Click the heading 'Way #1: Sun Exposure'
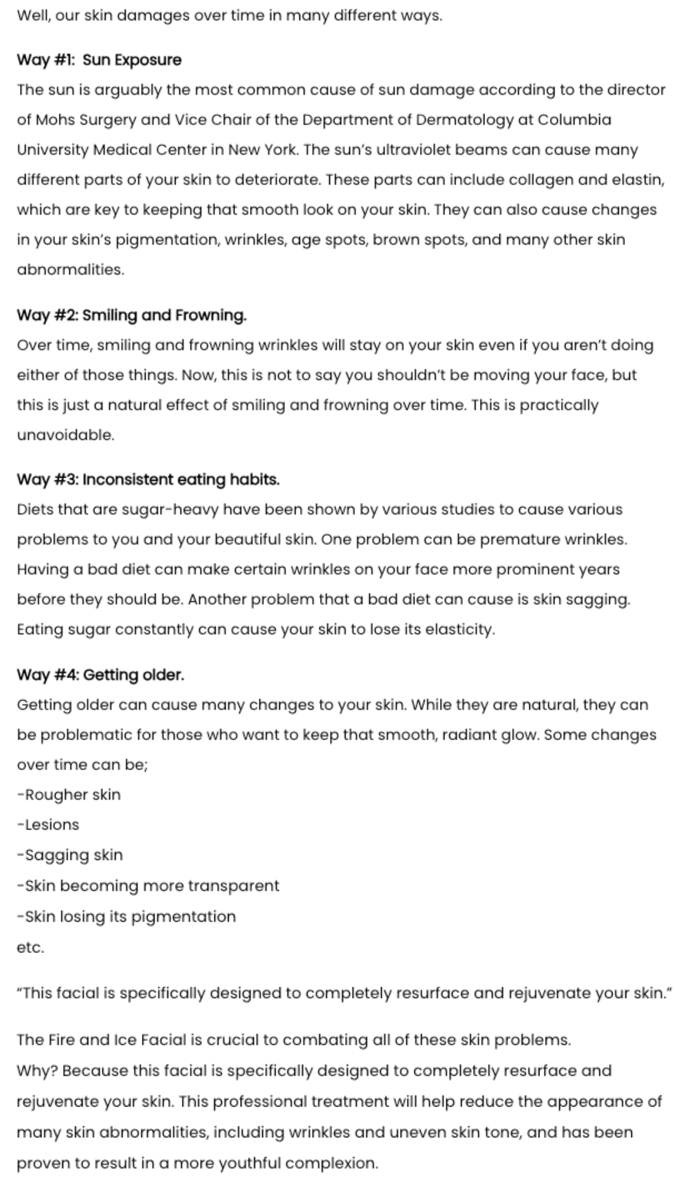99,60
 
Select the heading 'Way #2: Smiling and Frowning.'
131,315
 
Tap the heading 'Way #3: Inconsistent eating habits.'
148,480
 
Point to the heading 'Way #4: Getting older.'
100,674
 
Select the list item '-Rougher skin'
69,794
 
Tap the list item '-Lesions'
48,824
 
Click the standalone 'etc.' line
31,947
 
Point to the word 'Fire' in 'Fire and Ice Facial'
61,1040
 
